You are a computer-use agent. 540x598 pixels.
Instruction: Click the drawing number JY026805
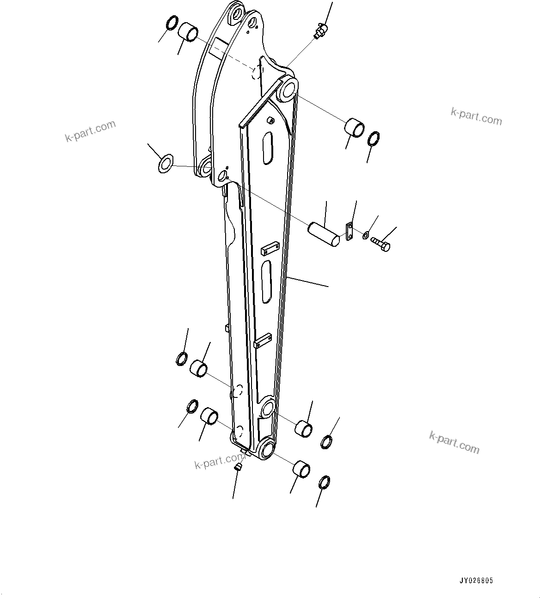click(x=476, y=581)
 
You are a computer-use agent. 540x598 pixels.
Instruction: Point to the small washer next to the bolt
click(x=365, y=236)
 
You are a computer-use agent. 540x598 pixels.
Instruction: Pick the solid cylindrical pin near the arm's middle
click(x=326, y=234)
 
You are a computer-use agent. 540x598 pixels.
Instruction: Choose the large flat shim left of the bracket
click(x=165, y=163)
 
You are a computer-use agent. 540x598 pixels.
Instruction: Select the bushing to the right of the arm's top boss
click(x=355, y=128)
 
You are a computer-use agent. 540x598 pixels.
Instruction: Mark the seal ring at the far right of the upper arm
click(x=373, y=139)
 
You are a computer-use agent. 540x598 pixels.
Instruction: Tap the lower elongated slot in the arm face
click(x=266, y=281)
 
